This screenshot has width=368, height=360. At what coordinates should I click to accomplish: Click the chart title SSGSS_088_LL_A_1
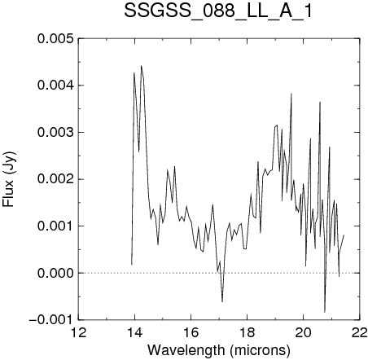tap(218, 12)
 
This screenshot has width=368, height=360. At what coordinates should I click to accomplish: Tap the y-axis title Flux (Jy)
tap(9, 179)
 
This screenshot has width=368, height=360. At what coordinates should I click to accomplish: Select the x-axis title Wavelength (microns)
tap(219, 350)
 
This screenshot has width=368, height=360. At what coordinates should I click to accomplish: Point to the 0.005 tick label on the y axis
tap(55, 38)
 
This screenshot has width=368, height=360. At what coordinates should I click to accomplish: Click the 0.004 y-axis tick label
tap(55, 86)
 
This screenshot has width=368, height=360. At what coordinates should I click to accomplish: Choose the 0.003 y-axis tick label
tap(55, 133)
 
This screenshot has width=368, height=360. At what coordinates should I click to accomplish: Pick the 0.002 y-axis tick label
tap(55, 179)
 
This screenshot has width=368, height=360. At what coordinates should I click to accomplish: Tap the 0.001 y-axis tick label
tap(55, 226)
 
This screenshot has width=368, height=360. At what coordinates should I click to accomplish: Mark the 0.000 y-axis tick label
tap(55, 273)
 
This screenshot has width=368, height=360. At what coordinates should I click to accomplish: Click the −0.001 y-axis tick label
tap(51, 320)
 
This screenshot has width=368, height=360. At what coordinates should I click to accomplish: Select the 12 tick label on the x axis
tap(78, 333)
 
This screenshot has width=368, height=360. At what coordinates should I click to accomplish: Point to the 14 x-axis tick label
tap(134, 333)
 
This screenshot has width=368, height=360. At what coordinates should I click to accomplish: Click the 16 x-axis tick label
tap(191, 333)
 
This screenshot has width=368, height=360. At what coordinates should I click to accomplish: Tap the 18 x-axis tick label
tap(247, 333)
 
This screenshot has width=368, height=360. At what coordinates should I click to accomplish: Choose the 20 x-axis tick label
tap(303, 333)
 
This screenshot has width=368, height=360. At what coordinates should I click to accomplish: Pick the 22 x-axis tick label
tap(359, 333)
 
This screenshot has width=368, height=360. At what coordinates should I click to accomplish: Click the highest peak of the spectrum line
tap(141, 66)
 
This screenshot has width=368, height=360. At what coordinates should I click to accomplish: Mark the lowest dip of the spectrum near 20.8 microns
tap(325, 312)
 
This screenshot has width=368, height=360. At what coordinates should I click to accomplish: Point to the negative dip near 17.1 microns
tap(222, 301)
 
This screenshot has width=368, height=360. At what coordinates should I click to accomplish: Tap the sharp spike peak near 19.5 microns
tap(291, 94)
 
